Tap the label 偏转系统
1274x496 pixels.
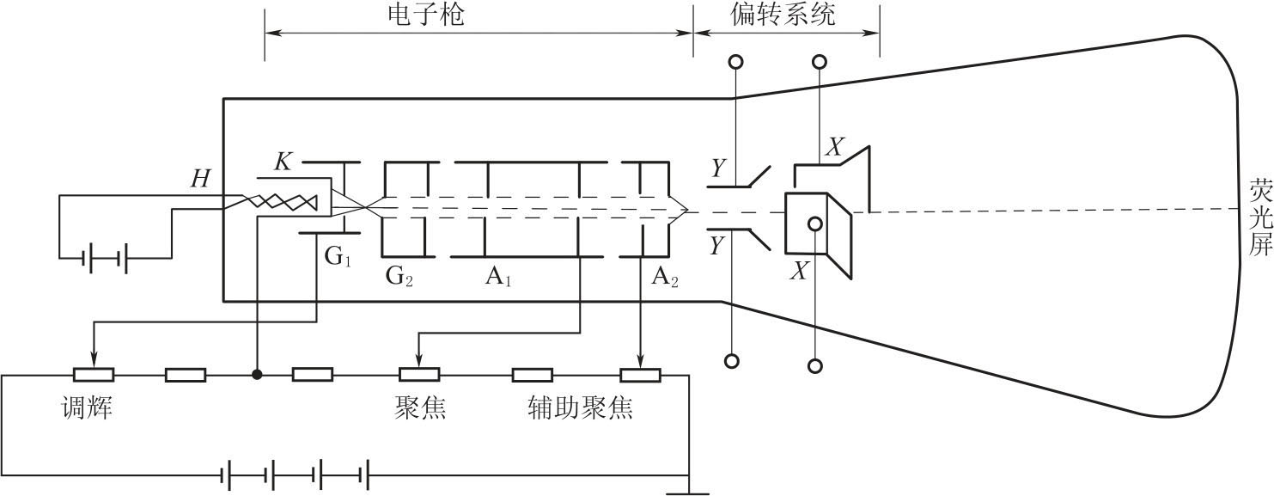783,15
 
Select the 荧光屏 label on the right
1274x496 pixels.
1259,218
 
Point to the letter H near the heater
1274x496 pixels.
200,179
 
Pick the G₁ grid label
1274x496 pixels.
337,257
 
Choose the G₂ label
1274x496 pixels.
399,277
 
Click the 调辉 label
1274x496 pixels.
87,407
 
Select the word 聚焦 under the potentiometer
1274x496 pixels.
420,407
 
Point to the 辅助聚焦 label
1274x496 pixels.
580,407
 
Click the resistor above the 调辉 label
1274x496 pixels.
93,375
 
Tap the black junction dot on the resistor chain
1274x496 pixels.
256,375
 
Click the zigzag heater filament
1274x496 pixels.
283,203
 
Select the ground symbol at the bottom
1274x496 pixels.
688,493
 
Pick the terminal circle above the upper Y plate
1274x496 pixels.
735,63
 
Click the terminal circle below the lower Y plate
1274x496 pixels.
732,361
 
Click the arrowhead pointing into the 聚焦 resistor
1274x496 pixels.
418,364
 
